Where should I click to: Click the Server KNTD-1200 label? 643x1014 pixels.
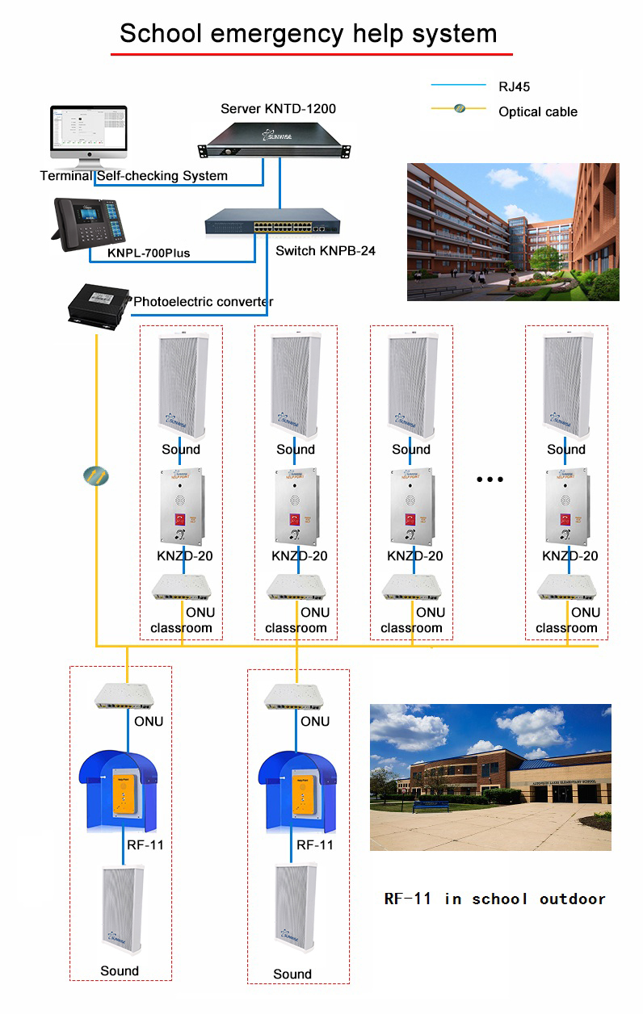[278, 108]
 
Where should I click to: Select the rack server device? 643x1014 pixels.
[275, 139]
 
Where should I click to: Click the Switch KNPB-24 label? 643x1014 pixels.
[325, 251]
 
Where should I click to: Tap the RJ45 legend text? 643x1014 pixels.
[515, 86]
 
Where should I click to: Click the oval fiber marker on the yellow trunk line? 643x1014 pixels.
[96, 476]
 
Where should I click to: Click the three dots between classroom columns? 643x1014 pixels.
[490, 480]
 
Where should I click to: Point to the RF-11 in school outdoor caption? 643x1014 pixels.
[494, 899]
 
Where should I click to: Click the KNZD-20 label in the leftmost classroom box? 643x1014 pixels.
[185, 555]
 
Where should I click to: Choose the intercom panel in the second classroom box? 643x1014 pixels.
[296, 507]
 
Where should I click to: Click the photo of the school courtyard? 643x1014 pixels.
[512, 232]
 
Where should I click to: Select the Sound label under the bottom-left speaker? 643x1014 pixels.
[120, 970]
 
